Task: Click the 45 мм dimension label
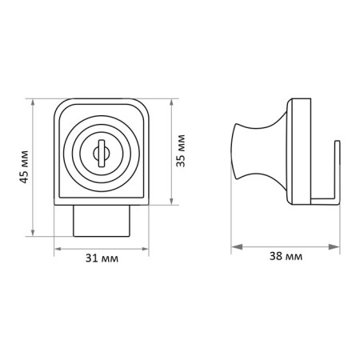click(x=24, y=166)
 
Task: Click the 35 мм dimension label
click(x=181, y=150)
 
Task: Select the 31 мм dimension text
click(x=102, y=258)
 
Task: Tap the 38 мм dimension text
click(x=286, y=256)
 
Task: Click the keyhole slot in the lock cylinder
click(x=102, y=153)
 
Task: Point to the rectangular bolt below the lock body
click(x=102, y=221)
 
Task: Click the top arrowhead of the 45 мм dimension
click(x=33, y=102)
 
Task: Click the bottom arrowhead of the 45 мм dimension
click(x=33, y=232)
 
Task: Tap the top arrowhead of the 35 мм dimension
click(x=171, y=102)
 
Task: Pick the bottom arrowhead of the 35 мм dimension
click(x=171, y=201)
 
